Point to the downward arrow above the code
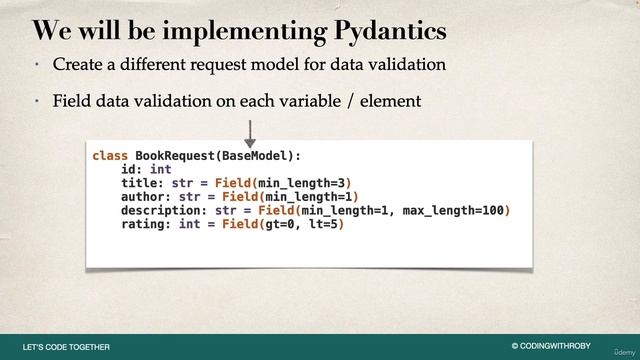[x=250, y=131]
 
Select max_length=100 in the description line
[x=455, y=211]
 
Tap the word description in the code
[x=161, y=211]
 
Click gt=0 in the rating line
[x=274, y=225]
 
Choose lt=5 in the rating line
[x=320, y=225]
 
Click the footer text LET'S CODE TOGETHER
[x=66, y=347]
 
